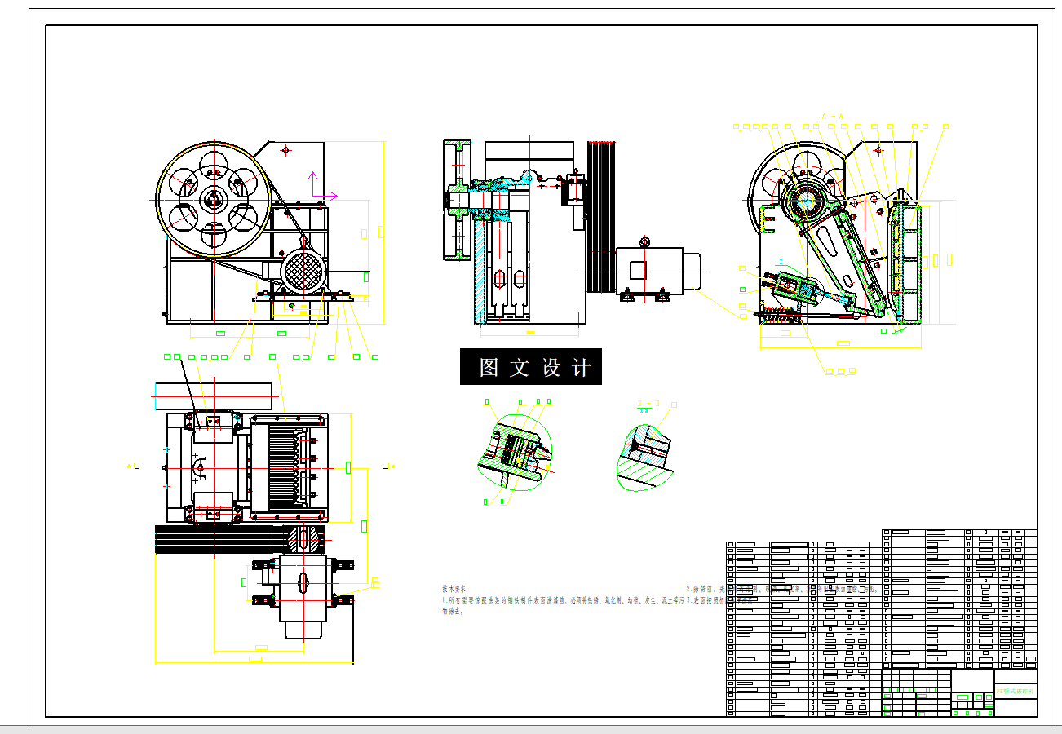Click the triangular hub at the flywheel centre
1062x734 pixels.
point(214,198)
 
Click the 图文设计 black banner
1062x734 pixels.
point(531,367)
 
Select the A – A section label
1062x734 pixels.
point(832,117)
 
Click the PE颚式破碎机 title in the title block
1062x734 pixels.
point(1015,692)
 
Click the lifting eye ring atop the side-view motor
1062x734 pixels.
point(644,241)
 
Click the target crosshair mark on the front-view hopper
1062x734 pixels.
point(285,150)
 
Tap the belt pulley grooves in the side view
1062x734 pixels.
point(600,216)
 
